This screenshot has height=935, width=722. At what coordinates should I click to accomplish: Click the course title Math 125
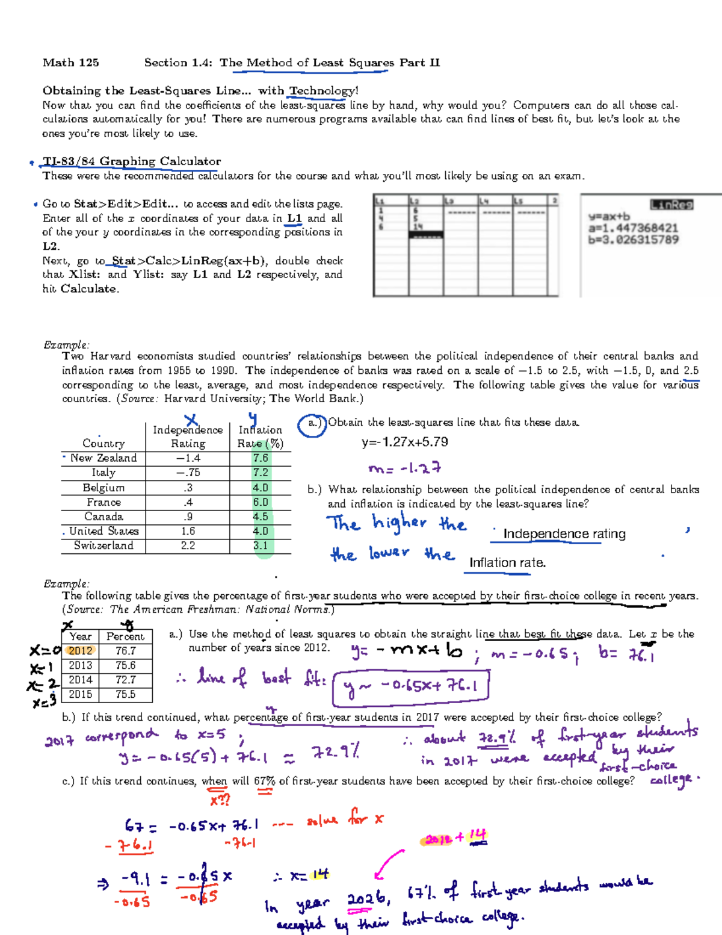70,63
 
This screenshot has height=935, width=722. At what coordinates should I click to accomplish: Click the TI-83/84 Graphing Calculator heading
132,161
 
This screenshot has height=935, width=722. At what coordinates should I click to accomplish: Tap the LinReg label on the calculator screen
671,205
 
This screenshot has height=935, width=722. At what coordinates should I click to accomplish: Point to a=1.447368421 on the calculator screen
633,228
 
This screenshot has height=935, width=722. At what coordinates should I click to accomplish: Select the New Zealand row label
103,458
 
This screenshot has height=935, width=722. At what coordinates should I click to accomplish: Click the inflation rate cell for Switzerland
261,545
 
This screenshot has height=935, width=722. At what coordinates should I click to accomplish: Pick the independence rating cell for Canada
188,517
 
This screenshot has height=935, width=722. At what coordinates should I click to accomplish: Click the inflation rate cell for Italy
261,473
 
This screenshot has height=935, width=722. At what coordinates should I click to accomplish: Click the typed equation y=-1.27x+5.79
405,443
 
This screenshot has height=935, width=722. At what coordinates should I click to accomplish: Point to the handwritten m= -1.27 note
405,468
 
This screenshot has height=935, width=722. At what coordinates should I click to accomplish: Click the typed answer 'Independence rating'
564,534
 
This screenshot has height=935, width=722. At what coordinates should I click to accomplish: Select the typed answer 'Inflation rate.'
507,563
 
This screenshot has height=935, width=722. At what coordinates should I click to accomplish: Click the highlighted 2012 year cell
80,651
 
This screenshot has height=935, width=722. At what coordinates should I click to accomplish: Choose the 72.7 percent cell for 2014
125,680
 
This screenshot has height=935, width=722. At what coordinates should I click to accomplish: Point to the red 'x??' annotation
220,800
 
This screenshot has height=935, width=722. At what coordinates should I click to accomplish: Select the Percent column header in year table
125,636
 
